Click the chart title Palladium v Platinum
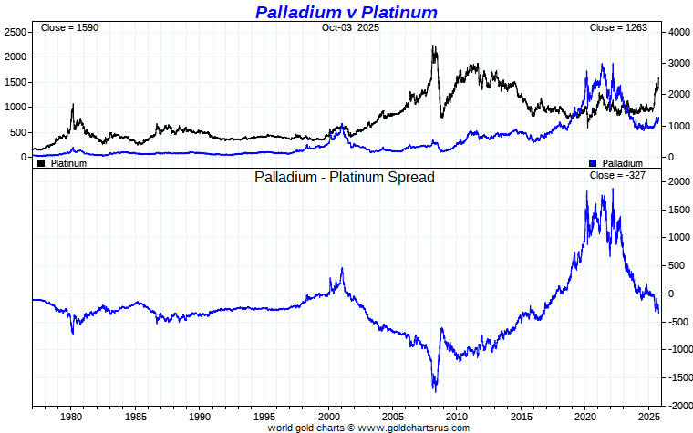(x=346, y=12)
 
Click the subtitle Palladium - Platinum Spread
(x=345, y=177)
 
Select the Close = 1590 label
(x=69, y=28)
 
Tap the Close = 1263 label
(x=618, y=28)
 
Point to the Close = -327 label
(x=618, y=175)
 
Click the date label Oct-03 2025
(x=350, y=28)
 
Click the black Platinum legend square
(x=41, y=163)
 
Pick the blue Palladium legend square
(x=594, y=163)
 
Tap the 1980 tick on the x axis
(x=72, y=417)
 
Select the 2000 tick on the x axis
(x=328, y=417)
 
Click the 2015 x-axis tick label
(x=521, y=417)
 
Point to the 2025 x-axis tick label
(x=648, y=417)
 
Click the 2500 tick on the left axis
(x=15, y=32)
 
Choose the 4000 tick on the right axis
(x=678, y=32)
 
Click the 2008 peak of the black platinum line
(x=433, y=46)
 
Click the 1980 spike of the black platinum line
(x=73, y=105)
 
